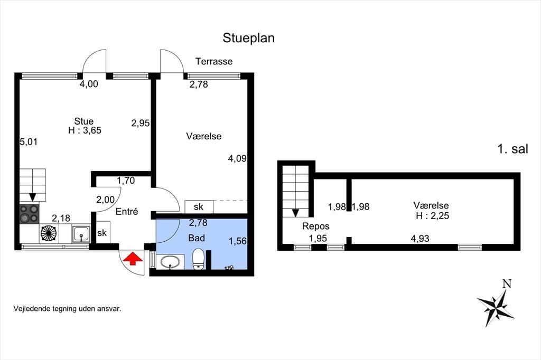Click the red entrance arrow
coord(133,259)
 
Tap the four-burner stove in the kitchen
coord(29,214)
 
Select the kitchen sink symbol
coord(81,234)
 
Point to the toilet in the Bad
coord(199,259)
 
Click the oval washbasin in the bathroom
coord(170,262)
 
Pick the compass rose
coord(496,304)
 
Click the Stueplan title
coord(248,38)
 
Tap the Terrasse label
coord(214,61)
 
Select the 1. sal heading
coord(512,149)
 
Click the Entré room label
coord(127,211)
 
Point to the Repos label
coord(316,226)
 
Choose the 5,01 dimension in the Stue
coord(29,141)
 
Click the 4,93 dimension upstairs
coord(420,239)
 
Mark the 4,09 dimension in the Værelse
coord(237,158)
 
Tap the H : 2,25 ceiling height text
coord(432,216)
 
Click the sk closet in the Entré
coord(102,233)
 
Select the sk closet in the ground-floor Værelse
coord(199,207)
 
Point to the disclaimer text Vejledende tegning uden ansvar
coord(67,309)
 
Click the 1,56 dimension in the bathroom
coord(238,241)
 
